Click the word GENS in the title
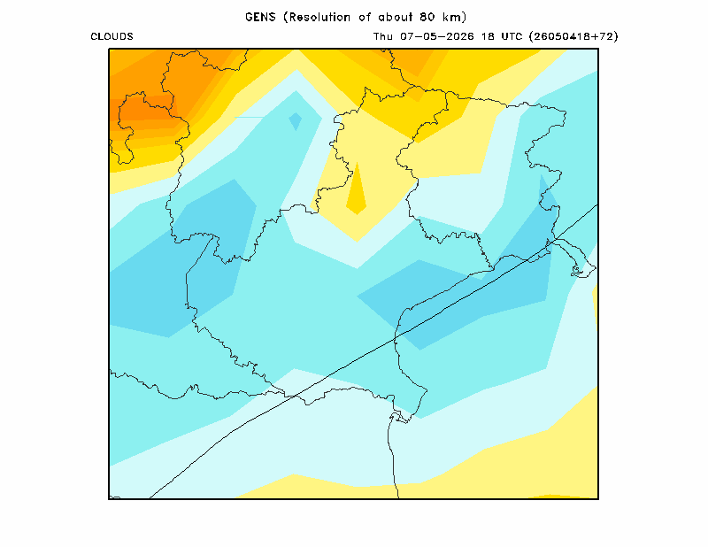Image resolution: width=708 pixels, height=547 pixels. click(x=260, y=17)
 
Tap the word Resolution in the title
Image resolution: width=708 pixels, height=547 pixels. click(x=319, y=17)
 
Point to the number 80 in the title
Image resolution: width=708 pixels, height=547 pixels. click(x=427, y=17)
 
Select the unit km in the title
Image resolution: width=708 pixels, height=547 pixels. click(x=452, y=17)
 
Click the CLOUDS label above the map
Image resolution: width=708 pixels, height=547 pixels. click(x=112, y=36)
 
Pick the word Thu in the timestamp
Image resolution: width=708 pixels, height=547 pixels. click(x=383, y=36)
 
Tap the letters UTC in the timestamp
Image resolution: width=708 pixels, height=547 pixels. click(x=512, y=36)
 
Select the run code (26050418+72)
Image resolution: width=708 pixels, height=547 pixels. click(x=573, y=36)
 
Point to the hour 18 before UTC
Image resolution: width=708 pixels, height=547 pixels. click(x=488, y=36)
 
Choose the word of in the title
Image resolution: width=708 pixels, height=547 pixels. click(x=365, y=17)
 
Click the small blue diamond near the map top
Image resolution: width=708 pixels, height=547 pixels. click(x=296, y=121)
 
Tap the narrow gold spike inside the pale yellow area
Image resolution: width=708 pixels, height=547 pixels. click(x=357, y=194)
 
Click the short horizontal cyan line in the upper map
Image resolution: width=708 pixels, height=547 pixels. click(x=249, y=118)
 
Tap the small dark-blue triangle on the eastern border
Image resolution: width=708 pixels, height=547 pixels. click(x=547, y=189)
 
